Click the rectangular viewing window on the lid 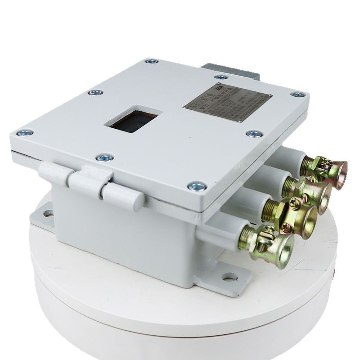click(x=131, y=119)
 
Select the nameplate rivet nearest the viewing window click(x=187, y=108)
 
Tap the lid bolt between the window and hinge click(x=105, y=157)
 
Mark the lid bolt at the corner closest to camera click(x=197, y=185)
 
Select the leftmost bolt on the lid click(x=25, y=133)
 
